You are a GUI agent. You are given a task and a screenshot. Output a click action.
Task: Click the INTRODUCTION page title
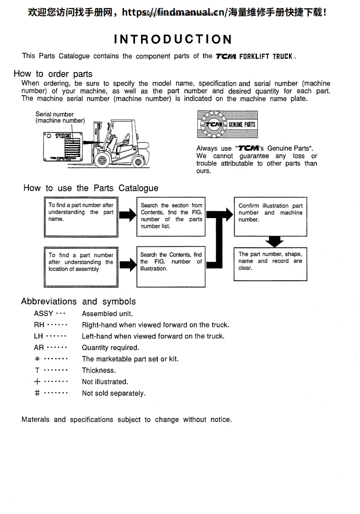point(173,39)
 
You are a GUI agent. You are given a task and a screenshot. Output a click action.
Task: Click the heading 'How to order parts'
point(53,74)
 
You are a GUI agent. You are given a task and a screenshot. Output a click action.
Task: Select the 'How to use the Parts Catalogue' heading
point(91,188)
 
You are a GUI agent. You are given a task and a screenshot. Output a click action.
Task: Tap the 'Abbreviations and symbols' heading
point(78,301)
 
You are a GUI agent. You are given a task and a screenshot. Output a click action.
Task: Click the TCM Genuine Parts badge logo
point(227,124)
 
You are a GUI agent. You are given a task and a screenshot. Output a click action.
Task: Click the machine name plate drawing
point(64,147)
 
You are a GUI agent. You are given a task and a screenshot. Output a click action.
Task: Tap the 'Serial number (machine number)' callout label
point(60,117)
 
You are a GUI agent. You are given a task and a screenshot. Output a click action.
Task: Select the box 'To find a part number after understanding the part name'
point(81,217)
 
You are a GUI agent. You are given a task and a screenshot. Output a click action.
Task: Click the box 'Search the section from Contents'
point(171,217)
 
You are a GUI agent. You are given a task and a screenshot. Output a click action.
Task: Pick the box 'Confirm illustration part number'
point(270,217)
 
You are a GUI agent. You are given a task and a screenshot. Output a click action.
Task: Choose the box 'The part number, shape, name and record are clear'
point(270,264)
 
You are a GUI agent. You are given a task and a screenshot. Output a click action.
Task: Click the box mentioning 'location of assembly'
point(81,266)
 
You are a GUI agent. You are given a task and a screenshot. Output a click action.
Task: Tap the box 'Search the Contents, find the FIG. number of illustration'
point(171,266)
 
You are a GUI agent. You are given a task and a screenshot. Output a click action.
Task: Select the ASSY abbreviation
point(44,314)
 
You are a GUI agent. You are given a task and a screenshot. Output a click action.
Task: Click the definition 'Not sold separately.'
point(114,393)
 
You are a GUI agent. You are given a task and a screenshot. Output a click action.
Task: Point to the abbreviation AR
point(39,348)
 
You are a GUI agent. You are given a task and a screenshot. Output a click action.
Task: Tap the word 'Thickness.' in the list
point(99,370)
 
